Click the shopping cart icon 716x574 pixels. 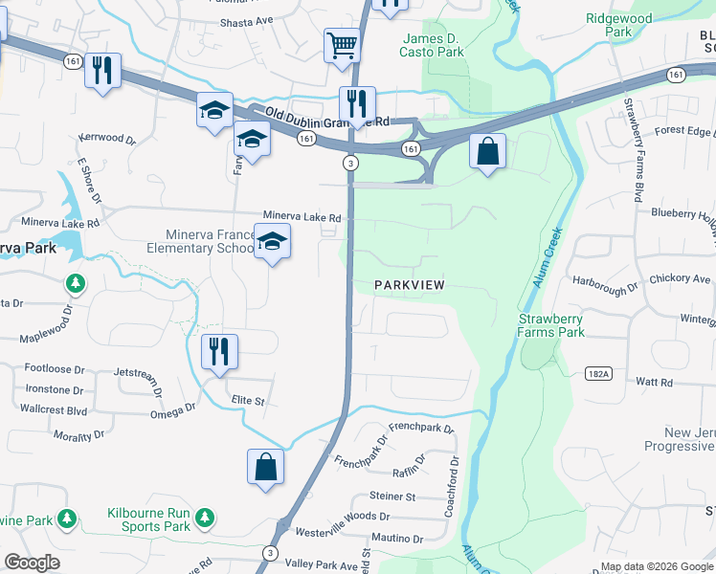coord(342,45)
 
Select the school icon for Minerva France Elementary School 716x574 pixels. coord(273,241)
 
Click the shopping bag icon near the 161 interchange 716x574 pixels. coord(488,151)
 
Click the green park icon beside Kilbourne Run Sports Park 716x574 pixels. coord(203,519)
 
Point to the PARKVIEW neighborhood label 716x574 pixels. coord(410,286)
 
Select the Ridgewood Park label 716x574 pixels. coord(619,25)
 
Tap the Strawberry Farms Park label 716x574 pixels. coord(550,325)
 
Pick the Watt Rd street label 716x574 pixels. coord(655,382)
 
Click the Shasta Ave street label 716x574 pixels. coord(246,20)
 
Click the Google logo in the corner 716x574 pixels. coord(32,563)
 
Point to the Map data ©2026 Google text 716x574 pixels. coord(656,566)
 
